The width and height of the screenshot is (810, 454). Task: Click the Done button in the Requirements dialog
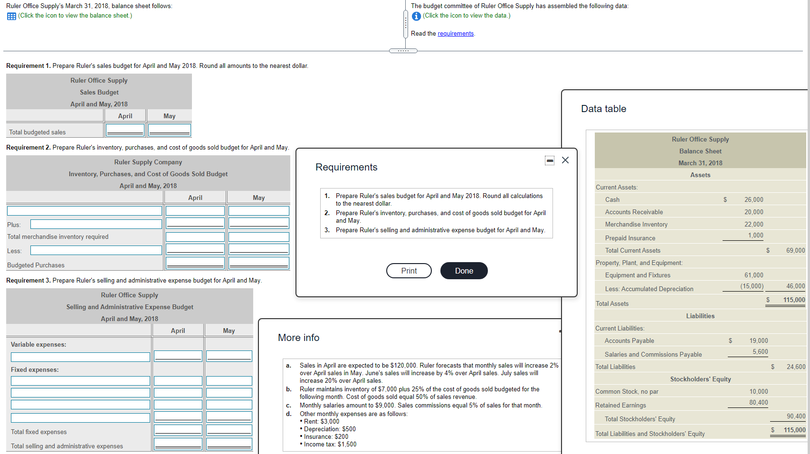pyautogui.click(x=464, y=271)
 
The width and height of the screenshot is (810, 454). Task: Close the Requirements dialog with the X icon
pyautogui.click(x=565, y=160)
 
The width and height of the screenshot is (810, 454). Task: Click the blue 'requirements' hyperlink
pyautogui.click(x=456, y=34)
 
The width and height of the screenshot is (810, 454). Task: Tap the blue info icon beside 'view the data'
pyautogui.click(x=416, y=16)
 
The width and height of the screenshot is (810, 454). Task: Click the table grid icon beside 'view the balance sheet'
pyautogui.click(x=11, y=16)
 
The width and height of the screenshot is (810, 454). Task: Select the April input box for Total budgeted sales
pyautogui.click(x=125, y=130)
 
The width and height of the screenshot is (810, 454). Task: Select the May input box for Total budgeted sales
pyautogui.click(x=169, y=130)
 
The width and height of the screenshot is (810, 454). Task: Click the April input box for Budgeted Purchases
pyautogui.click(x=195, y=263)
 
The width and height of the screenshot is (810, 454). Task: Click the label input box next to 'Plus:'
pyautogui.click(x=96, y=224)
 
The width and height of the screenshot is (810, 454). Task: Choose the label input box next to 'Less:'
pyautogui.click(x=96, y=250)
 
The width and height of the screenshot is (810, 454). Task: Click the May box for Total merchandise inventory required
pyautogui.click(x=259, y=237)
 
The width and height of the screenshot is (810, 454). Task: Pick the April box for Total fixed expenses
pyautogui.click(x=178, y=430)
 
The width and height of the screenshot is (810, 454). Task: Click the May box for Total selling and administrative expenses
pyautogui.click(x=229, y=444)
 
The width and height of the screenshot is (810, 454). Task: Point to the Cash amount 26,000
pyautogui.click(x=753, y=199)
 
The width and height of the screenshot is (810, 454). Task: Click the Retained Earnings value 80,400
pyautogui.click(x=758, y=402)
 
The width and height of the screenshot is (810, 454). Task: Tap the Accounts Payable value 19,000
pyautogui.click(x=758, y=340)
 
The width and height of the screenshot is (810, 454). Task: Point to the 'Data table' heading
pyautogui.click(x=603, y=109)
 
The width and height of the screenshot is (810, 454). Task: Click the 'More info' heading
pyautogui.click(x=298, y=338)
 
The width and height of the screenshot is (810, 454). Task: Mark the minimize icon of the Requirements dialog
pyautogui.click(x=549, y=161)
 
